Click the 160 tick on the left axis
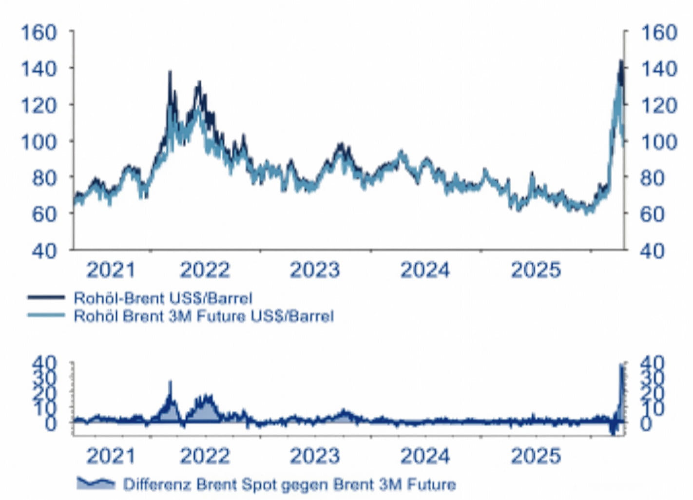coord(38,32)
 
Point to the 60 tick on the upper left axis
coord(44,214)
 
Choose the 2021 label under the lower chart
coord(111,457)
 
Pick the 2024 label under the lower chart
coord(425,457)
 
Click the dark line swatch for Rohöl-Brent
coord(46,297)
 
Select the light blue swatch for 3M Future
coord(46,315)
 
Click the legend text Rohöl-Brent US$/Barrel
coord(163,298)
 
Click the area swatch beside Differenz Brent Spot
coord(96,483)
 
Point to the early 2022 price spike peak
coord(170,72)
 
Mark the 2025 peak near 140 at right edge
coord(620,61)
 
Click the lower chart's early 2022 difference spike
coord(170,382)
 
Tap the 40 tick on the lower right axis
coord(652,363)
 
